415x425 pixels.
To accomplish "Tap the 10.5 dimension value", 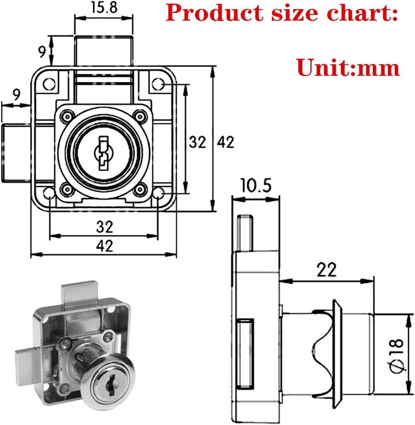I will (254, 186).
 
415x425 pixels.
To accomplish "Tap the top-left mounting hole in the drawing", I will (50, 84).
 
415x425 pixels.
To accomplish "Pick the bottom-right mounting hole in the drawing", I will (158, 194).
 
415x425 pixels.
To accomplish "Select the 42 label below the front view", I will (104, 246).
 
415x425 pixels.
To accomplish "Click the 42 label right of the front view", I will (226, 142).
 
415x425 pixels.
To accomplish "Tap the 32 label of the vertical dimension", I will (198, 142).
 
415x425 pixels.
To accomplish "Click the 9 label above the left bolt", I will (16, 95).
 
